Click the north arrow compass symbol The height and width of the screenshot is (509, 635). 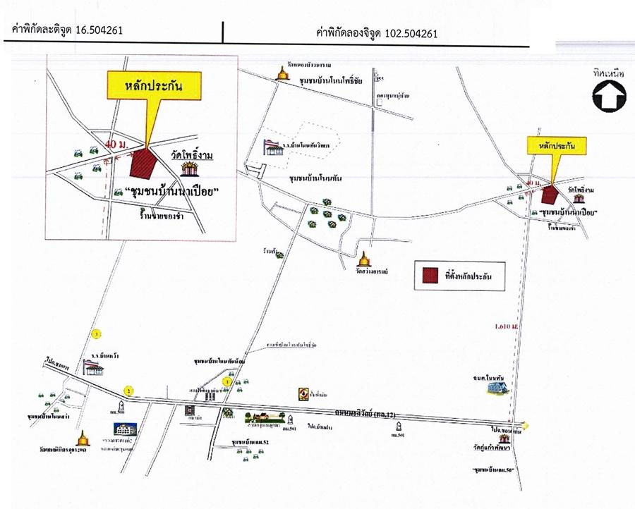[609, 97]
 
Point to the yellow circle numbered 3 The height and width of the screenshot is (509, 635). [97, 333]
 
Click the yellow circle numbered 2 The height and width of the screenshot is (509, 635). [128, 389]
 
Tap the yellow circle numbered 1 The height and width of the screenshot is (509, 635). [226, 381]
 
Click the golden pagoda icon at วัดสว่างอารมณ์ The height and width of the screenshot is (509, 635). [364, 259]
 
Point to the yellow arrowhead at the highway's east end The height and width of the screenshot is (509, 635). [526, 424]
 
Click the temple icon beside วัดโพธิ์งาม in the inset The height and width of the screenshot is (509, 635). [188, 169]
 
